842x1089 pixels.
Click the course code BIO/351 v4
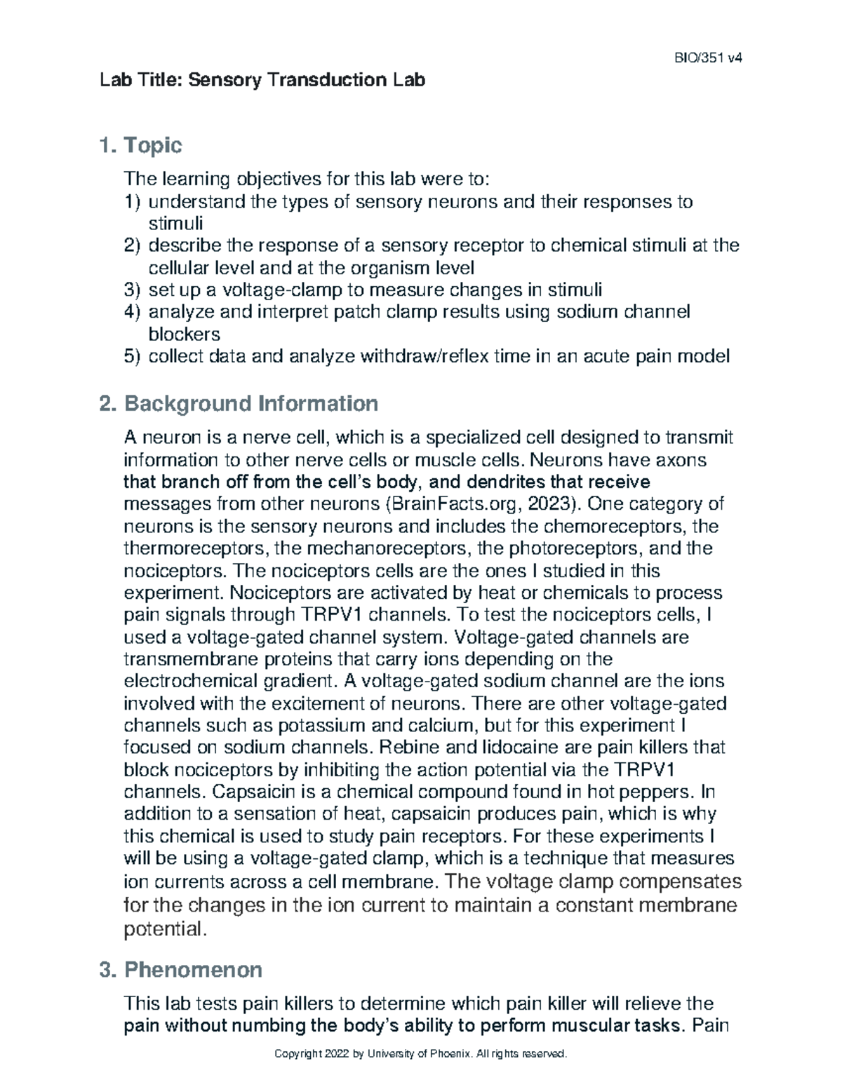point(712,58)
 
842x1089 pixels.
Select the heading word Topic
point(152,146)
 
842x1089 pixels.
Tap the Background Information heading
point(250,404)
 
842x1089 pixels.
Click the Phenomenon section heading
point(193,970)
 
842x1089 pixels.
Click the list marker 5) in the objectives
point(133,356)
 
